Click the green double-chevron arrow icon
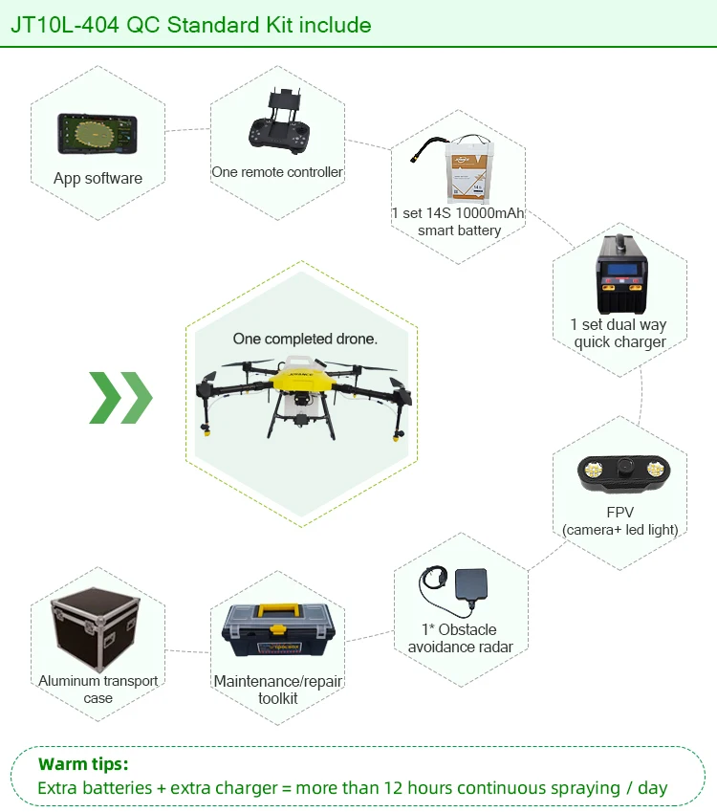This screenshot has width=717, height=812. pyautogui.click(x=120, y=397)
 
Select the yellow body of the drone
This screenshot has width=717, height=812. pyautogui.click(x=301, y=379)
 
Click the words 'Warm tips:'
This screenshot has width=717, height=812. pyautogui.click(x=83, y=764)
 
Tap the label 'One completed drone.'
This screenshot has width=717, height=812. pyautogui.click(x=305, y=339)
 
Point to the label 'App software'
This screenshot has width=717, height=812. pyautogui.click(x=98, y=179)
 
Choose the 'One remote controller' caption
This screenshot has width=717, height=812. pyautogui.click(x=277, y=172)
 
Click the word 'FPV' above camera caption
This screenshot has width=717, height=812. pyautogui.click(x=619, y=513)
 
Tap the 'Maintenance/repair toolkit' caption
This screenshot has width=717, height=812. pyautogui.click(x=278, y=690)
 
